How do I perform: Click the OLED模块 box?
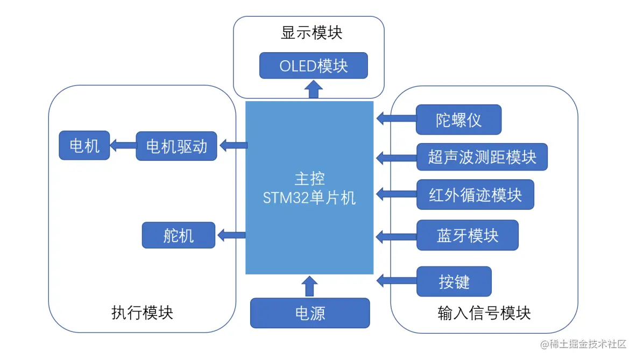313,66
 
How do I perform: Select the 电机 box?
84,145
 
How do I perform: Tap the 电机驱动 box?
176,146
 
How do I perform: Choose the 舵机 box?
178,235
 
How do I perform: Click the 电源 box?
310,313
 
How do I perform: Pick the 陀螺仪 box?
458,119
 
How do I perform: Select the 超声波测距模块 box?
482,157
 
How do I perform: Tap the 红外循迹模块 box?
475,195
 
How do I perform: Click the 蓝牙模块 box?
467,235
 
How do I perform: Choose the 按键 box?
454,281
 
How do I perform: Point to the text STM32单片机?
309,198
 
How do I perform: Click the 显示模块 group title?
312,33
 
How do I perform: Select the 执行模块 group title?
142,313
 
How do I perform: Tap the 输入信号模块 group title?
484,313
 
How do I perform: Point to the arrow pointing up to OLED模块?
313,90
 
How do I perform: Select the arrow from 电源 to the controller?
309,286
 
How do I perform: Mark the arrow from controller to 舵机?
231,235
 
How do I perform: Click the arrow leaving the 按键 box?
396,280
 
